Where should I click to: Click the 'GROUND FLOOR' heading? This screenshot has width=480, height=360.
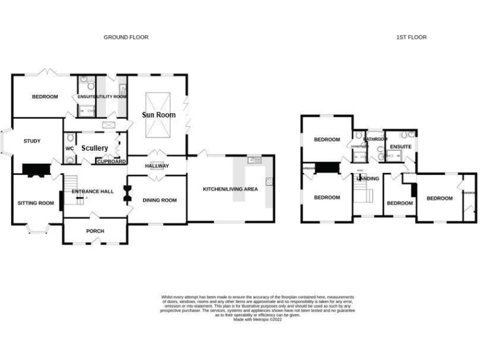click(x=126, y=37)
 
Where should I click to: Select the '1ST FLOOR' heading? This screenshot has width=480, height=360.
click(x=411, y=37)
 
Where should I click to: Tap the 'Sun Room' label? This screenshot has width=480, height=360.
click(x=159, y=115)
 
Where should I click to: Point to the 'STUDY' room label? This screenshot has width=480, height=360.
click(x=32, y=141)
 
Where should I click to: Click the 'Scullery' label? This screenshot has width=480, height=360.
click(x=94, y=148)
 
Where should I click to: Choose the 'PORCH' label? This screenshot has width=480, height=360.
click(x=95, y=231)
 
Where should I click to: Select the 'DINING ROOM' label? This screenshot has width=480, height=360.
click(x=160, y=201)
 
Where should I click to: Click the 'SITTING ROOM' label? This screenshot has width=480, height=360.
click(x=36, y=203)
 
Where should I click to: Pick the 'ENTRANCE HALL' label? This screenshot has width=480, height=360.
click(x=92, y=191)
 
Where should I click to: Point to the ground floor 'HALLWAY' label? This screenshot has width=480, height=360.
click(x=157, y=166)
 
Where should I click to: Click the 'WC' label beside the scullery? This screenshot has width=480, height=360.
click(x=69, y=149)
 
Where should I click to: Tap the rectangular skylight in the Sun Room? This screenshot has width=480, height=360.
click(x=159, y=115)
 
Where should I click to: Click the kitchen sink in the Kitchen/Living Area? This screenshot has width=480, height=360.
click(x=254, y=161)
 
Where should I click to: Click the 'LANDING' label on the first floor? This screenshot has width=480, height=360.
click(x=368, y=179)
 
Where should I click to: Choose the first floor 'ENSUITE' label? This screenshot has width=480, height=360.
click(x=401, y=147)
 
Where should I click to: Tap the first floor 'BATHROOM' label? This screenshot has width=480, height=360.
click(x=376, y=139)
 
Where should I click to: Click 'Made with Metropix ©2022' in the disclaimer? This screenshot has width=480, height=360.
click(x=257, y=319)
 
